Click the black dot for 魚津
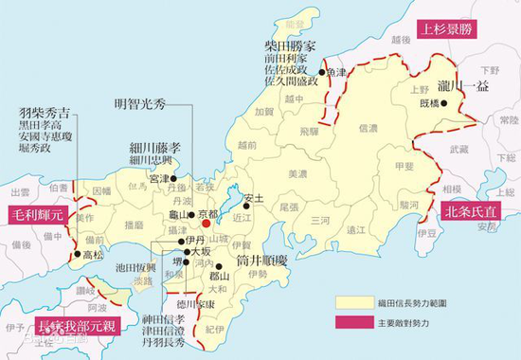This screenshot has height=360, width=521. (322, 72)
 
